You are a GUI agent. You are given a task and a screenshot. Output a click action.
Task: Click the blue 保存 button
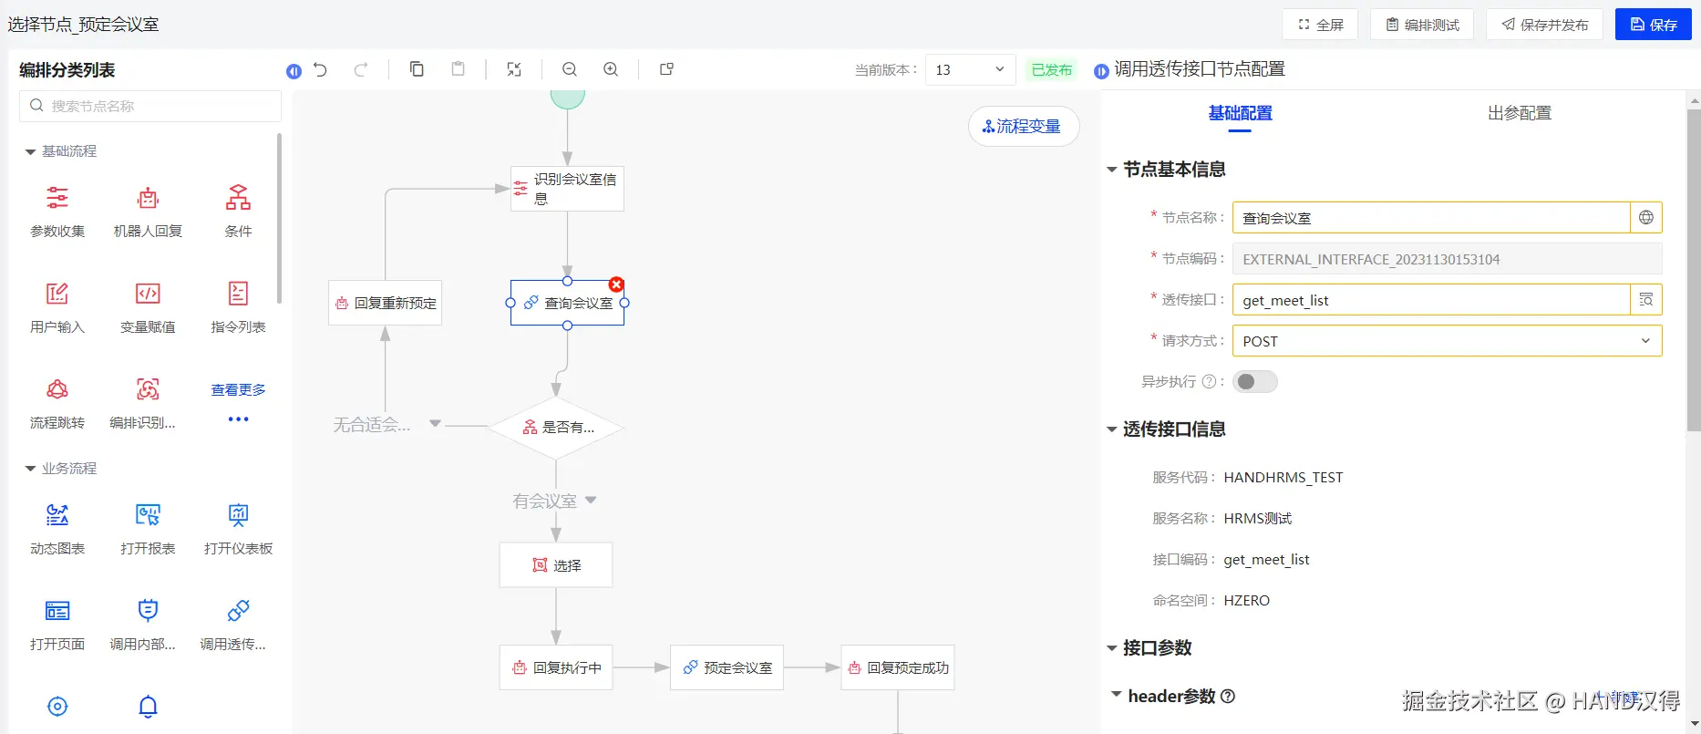click(x=1653, y=25)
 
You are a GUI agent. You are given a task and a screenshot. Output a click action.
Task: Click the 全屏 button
click(x=1319, y=25)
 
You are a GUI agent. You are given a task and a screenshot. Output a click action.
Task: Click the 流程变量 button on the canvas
click(x=1023, y=127)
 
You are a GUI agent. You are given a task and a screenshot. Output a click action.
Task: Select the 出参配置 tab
click(x=1519, y=113)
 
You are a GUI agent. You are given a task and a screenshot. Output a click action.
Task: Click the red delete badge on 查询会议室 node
click(x=616, y=284)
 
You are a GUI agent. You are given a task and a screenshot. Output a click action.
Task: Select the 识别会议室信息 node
click(x=567, y=189)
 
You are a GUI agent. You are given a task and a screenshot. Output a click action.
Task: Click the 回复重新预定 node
click(x=385, y=303)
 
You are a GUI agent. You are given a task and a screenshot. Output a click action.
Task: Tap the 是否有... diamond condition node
click(x=556, y=427)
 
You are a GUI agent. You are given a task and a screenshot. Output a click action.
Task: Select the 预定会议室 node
click(x=727, y=667)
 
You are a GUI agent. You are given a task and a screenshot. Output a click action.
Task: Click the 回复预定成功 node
click(x=897, y=667)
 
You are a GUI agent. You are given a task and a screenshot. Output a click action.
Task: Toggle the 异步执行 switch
click(x=1254, y=382)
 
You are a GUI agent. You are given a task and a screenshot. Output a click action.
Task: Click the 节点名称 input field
click(x=1430, y=218)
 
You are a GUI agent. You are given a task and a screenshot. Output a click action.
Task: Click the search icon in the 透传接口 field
click(x=1645, y=300)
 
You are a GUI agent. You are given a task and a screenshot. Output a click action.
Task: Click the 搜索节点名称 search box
click(x=150, y=106)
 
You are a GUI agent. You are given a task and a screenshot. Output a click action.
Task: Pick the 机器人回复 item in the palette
click(x=148, y=211)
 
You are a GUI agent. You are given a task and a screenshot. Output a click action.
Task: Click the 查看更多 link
click(x=238, y=390)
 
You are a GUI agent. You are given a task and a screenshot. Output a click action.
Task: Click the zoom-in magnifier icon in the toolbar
click(x=611, y=69)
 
